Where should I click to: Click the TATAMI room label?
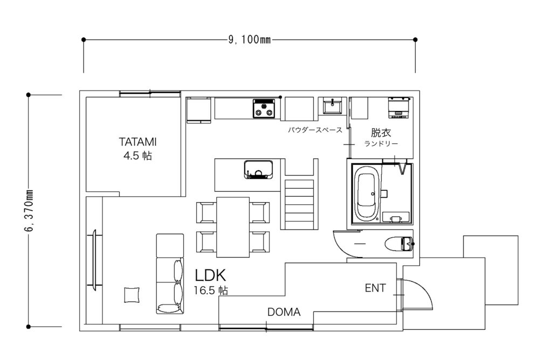(x=137, y=142)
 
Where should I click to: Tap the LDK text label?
(x=210, y=275)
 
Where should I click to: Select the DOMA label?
(x=284, y=312)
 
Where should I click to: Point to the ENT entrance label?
(x=375, y=288)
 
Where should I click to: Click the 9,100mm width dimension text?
(x=250, y=40)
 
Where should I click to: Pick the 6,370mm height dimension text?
(x=29, y=211)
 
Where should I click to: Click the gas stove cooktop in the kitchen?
(x=264, y=108)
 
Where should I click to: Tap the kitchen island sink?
(x=258, y=170)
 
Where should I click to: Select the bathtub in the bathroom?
(x=367, y=194)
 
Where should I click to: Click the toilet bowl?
(x=399, y=244)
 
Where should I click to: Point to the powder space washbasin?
(x=332, y=106)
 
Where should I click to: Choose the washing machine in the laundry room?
(x=399, y=107)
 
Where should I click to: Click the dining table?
(x=233, y=227)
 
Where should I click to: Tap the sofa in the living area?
(x=170, y=274)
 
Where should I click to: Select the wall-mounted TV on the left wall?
(x=94, y=260)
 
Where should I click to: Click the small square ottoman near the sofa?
(x=133, y=295)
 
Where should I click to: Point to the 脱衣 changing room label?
(x=381, y=133)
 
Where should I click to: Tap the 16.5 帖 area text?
(x=211, y=290)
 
